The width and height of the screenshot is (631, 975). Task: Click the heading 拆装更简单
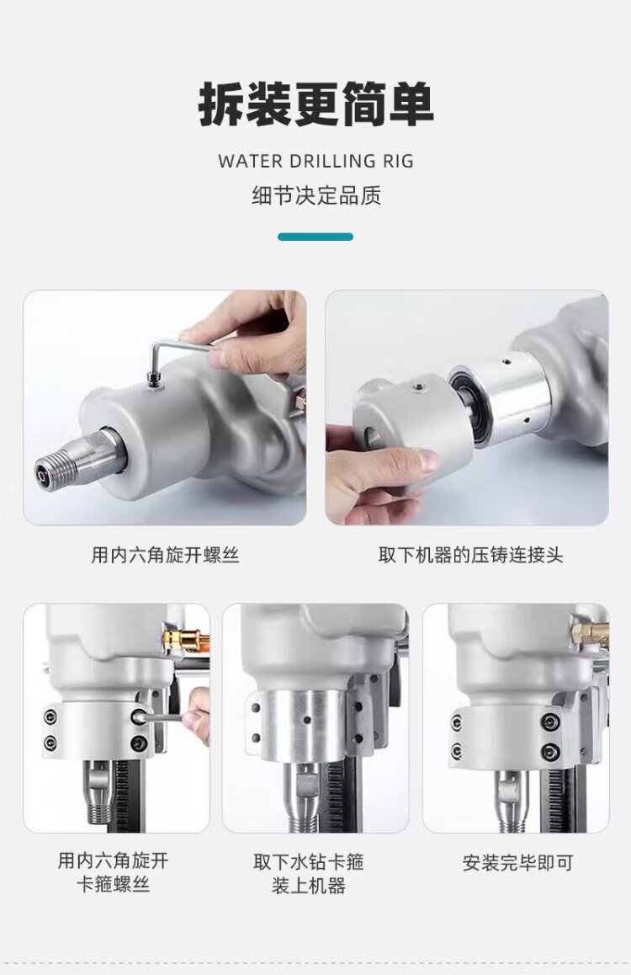315,104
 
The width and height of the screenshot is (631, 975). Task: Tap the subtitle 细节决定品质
316,195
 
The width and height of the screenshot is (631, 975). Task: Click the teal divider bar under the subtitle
315,237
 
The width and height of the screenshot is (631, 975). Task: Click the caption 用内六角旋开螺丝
165,555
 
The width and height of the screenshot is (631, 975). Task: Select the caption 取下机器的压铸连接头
471,555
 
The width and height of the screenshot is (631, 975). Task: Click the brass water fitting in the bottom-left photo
183,637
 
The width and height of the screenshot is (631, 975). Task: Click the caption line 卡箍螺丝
113,884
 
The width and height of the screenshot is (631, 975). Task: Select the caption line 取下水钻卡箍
309,862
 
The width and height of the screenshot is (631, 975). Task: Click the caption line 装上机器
309,886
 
